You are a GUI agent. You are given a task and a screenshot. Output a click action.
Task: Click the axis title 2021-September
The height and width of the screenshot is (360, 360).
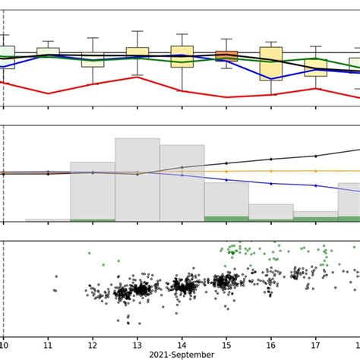pos(182,355)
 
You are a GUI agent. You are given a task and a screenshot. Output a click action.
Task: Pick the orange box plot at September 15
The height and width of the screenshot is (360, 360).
pos(226,55)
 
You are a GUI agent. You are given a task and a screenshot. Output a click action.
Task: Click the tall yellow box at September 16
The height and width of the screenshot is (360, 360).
pos(271,63)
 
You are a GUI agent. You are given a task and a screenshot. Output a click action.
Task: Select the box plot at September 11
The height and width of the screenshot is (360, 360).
pos(49,52)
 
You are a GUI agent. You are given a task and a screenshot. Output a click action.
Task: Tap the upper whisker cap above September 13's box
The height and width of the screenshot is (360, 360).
pos(137,31)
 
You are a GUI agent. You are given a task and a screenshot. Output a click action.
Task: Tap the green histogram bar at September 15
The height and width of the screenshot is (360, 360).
pos(226,219)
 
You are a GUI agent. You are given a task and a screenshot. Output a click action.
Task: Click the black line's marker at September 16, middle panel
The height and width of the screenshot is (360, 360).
pos(271,159)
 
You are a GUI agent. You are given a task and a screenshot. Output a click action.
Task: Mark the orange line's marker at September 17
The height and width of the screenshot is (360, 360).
pos(316,172)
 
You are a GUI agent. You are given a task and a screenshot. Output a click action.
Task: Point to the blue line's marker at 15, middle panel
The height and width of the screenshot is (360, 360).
pos(226,179)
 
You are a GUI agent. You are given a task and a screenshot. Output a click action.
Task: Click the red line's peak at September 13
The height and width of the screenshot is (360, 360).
pos(137,76)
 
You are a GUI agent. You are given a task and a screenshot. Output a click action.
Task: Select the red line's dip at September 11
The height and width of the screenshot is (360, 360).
pos(49,93)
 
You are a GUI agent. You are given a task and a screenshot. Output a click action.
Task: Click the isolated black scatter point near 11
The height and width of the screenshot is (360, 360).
pos(55,289)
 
